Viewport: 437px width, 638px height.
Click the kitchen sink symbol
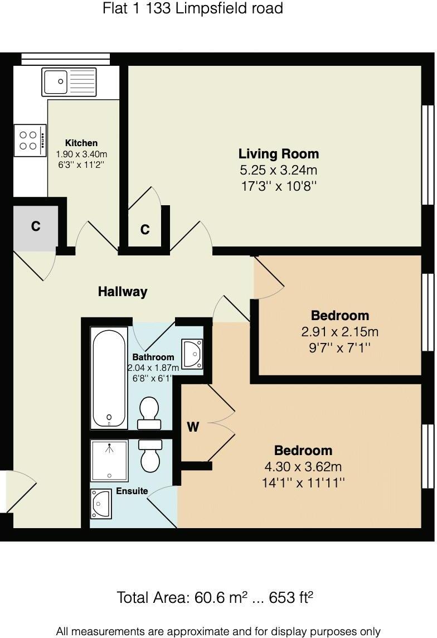coord(69,82)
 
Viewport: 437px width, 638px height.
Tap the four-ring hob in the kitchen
coord(29,140)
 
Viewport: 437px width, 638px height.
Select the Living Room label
coord(279,154)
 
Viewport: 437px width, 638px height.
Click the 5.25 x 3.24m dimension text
coord(279,170)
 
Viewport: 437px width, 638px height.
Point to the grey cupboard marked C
coord(36,226)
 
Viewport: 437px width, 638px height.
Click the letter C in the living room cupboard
coord(145,230)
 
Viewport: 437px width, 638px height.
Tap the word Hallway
coord(123,291)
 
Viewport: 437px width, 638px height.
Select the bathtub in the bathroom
coord(109,378)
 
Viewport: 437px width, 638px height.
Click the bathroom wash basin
coord(192,353)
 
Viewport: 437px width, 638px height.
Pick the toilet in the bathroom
coord(149,413)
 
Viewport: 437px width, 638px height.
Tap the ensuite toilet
coord(150,456)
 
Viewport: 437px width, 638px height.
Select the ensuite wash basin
coord(100,504)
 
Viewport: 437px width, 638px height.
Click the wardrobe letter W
coord(193,427)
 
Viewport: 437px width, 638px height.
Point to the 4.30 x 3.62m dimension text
coord(303,467)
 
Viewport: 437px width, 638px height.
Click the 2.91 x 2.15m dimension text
coord(339,332)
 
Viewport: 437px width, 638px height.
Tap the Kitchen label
coord(81,143)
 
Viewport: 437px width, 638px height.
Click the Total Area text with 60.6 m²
coord(215,598)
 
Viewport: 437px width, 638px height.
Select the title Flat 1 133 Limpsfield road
coord(193,8)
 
